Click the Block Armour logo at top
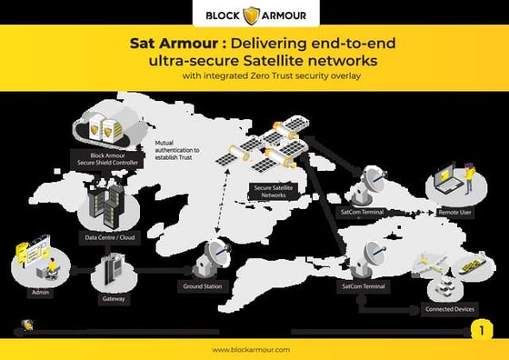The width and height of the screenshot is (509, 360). pos(254,15)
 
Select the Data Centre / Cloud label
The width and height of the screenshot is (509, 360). pos(111,238)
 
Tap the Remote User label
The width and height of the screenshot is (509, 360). pos(454,212)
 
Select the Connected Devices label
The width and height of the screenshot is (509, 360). pos(450,309)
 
